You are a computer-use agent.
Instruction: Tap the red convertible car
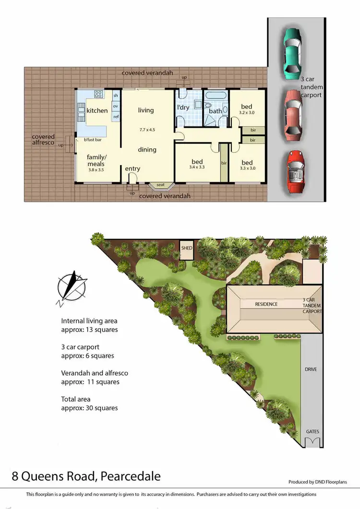point(295,171)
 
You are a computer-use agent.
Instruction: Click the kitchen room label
point(97,111)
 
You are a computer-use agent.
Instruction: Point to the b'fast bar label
point(92,140)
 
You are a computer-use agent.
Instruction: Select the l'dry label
point(183,107)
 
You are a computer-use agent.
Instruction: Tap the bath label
point(216,111)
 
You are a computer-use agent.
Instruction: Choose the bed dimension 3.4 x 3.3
point(197,168)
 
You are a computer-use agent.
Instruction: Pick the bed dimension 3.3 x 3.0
point(247,168)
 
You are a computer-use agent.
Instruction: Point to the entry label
point(133,169)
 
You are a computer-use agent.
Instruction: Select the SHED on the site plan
point(186,249)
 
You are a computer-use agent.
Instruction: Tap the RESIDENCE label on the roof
point(266,304)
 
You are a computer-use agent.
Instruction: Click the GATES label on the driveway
point(312,432)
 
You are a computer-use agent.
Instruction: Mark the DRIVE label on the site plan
point(311,369)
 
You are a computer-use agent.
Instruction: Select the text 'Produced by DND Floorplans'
point(318,482)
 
